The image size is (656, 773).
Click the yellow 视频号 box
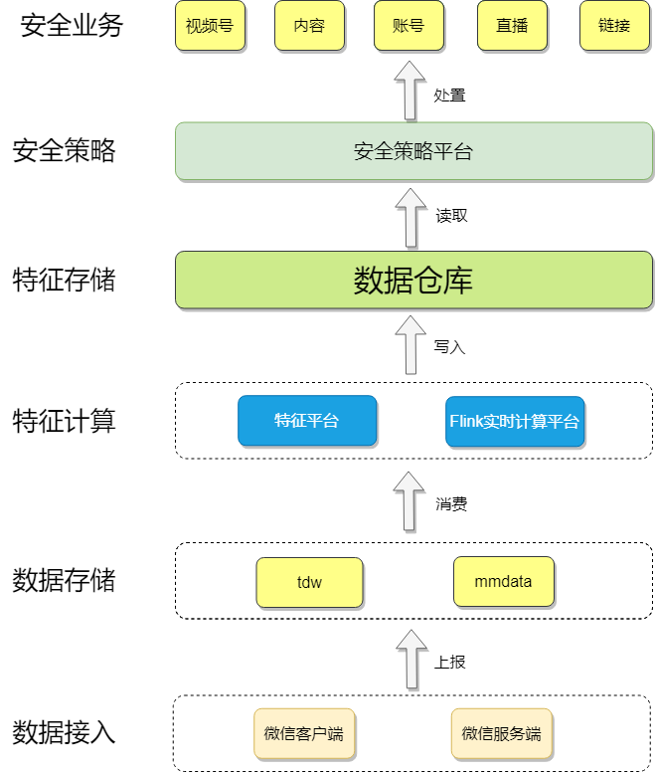(x=210, y=26)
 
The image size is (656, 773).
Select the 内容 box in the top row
(x=309, y=26)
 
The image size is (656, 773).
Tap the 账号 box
(x=409, y=26)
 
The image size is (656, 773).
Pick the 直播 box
(x=512, y=26)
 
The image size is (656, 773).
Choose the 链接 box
(x=614, y=26)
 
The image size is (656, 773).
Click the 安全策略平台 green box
(x=413, y=151)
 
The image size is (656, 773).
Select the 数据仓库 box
(x=413, y=280)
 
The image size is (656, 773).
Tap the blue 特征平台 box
(x=307, y=421)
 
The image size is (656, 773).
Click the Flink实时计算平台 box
(x=514, y=421)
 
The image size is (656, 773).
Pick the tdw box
(x=309, y=582)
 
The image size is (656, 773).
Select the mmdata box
(x=503, y=582)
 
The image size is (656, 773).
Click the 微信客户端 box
(x=303, y=734)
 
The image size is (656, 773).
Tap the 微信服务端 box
(x=501, y=734)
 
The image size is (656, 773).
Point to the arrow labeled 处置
(x=410, y=91)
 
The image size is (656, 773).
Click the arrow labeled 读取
(x=410, y=218)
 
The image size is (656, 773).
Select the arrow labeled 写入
(x=410, y=345)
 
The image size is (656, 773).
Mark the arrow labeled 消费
(x=410, y=501)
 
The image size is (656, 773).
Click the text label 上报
(x=450, y=662)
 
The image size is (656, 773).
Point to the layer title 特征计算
(x=64, y=421)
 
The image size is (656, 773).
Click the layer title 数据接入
(x=64, y=734)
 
